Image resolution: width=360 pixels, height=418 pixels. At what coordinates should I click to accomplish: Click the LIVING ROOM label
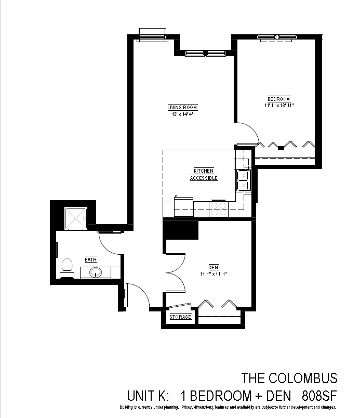tap(182, 108)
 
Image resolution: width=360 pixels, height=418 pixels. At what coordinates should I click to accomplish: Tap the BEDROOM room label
tap(278, 99)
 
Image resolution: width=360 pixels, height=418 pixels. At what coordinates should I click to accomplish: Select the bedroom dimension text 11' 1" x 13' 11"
tap(279, 106)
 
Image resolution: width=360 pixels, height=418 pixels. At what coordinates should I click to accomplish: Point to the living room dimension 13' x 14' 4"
tap(182, 114)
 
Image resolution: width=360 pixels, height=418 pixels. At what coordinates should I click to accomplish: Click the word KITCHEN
tap(204, 171)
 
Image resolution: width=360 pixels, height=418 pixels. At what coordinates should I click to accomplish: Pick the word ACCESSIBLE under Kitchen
tap(204, 178)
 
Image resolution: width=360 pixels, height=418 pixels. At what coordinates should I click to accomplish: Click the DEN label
tap(214, 267)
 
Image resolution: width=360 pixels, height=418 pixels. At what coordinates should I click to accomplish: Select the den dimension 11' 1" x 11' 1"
tap(214, 274)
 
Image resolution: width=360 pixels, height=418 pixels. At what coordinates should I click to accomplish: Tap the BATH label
tap(91, 259)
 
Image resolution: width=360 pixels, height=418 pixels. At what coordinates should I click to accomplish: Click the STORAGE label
tap(180, 317)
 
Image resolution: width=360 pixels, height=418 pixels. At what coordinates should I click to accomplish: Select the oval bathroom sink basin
tap(96, 272)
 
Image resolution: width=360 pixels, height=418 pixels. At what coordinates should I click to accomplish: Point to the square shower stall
tap(76, 218)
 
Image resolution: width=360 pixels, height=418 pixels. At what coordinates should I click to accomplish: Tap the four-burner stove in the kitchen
tap(219, 208)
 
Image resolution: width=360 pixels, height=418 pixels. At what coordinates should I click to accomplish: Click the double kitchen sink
tap(244, 180)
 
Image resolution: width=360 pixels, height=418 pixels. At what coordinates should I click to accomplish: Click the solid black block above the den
tap(181, 229)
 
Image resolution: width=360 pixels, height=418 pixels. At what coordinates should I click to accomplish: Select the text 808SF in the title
tap(319, 396)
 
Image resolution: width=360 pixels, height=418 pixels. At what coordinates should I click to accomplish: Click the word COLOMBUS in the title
tap(303, 378)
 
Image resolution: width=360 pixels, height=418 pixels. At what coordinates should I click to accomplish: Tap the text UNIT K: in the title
tap(148, 396)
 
